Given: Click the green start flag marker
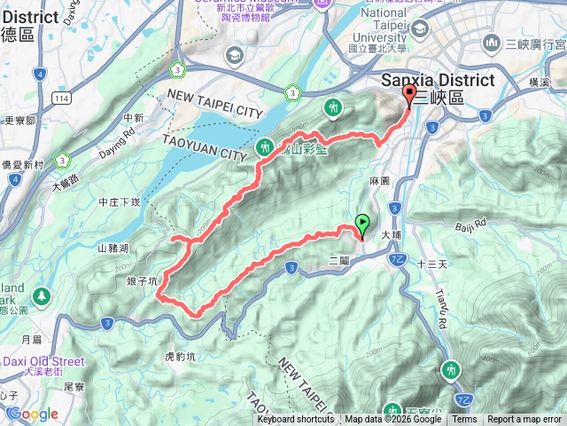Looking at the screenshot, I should (x=362, y=225).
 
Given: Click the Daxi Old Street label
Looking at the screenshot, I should (x=43, y=361).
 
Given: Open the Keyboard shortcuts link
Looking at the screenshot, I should (x=296, y=420).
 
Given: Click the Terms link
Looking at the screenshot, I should (x=464, y=420).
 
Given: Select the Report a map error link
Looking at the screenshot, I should (x=525, y=420).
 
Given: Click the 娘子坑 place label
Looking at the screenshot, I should (x=142, y=280).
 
